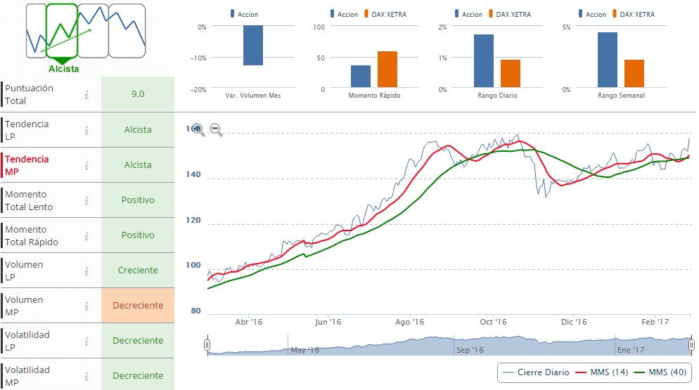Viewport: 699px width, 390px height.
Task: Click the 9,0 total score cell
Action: coord(137,94)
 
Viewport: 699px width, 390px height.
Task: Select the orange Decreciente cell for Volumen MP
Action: coord(137,306)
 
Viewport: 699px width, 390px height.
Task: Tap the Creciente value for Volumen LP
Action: coord(137,271)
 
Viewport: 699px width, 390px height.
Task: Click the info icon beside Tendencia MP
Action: coord(86,165)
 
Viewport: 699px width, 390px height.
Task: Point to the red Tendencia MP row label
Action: coord(27,165)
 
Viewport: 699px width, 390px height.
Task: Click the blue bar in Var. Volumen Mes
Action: coord(253,46)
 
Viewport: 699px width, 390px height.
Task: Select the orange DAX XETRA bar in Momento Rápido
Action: coord(387,69)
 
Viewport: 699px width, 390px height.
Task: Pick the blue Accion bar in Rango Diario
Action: coord(484,60)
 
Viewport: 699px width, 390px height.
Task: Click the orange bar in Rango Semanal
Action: coord(634,73)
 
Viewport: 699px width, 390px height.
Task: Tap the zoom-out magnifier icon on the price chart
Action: coord(216,130)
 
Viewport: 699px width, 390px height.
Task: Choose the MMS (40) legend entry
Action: coord(660,372)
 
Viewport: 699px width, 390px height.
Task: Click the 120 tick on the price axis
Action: coord(193,221)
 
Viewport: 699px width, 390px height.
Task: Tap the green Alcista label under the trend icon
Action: coord(64,69)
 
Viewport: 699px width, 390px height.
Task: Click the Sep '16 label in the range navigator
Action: coord(470,350)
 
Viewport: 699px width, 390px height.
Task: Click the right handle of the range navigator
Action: coord(692,345)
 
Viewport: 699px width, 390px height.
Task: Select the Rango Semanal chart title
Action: coord(621,96)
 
